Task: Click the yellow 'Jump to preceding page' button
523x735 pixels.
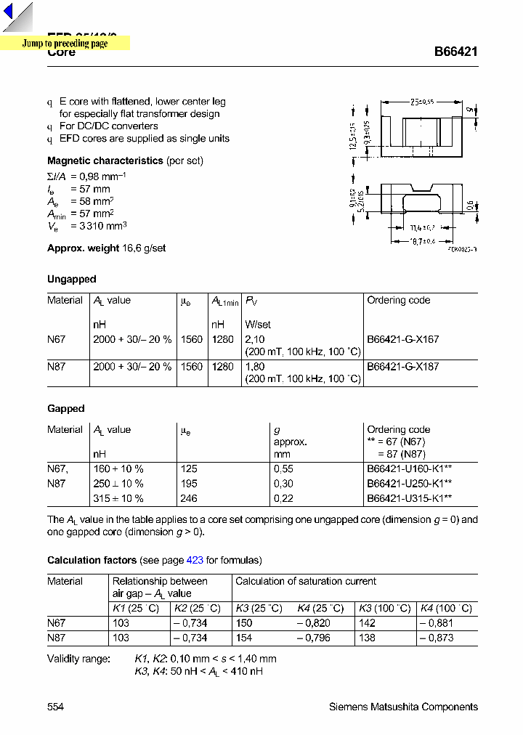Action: click(x=65, y=44)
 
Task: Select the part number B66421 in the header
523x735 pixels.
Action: click(x=455, y=52)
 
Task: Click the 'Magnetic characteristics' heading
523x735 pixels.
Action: click(x=105, y=161)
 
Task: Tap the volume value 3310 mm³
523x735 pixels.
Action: click(x=93, y=226)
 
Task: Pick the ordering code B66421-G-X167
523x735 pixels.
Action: click(x=402, y=339)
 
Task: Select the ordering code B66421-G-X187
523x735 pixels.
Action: click(x=402, y=367)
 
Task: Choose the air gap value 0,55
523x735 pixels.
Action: click(x=283, y=469)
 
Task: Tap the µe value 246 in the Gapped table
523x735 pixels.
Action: click(x=188, y=498)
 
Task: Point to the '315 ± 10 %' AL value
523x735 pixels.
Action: click(x=118, y=498)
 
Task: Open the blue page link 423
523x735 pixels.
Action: click(x=195, y=560)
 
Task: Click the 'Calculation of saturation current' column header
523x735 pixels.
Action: click(x=306, y=581)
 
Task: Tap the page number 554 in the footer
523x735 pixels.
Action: click(x=55, y=707)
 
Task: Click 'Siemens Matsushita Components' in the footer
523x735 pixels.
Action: click(x=403, y=707)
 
